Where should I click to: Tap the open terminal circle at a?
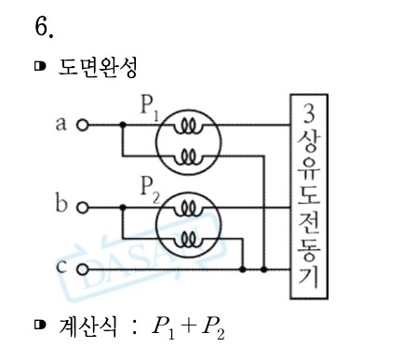[x=81, y=124]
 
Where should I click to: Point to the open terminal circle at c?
[x=81, y=270]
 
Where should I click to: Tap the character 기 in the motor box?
[x=309, y=277]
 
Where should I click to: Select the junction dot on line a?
[x=122, y=125]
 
